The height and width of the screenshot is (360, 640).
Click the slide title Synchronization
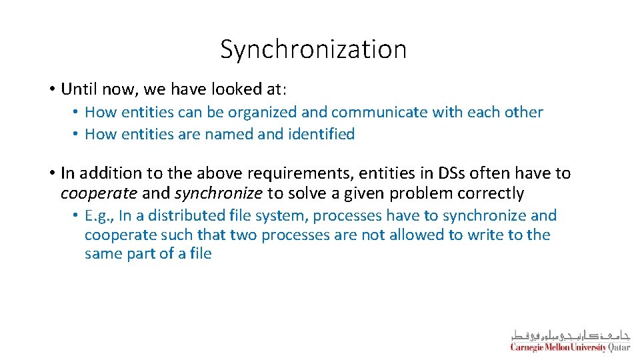click(313, 49)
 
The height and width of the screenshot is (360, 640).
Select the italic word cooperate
click(99, 193)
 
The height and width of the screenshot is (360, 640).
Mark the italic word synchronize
click(218, 193)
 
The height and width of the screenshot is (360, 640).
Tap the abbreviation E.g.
click(99, 216)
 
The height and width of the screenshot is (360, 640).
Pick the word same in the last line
click(102, 253)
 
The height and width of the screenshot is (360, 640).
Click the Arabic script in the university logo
click(570, 335)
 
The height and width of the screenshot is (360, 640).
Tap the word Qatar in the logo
click(619, 347)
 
